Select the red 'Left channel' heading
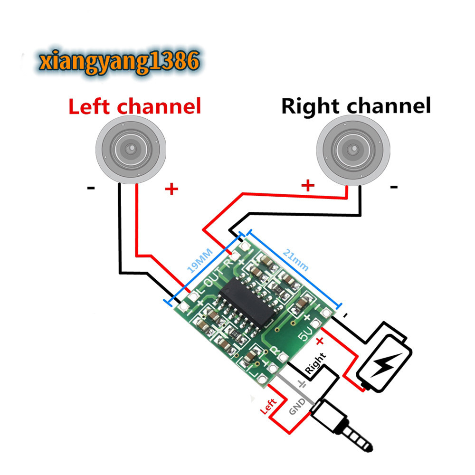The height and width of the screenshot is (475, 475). (x=135, y=106)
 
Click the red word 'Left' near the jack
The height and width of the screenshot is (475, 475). (x=268, y=407)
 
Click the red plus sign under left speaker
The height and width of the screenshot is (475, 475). (x=171, y=190)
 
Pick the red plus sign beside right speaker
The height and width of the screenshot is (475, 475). (x=308, y=184)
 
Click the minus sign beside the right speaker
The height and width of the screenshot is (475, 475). (x=393, y=187)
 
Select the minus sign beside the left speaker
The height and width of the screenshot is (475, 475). (x=91, y=188)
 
